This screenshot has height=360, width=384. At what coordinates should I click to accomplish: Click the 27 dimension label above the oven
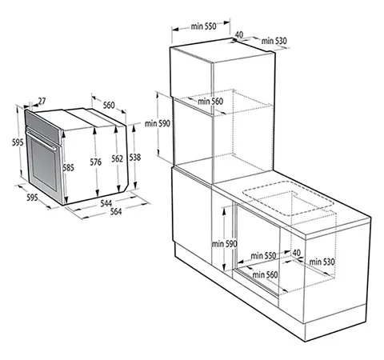[42, 102]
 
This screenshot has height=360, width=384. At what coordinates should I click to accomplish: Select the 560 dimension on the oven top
[109, 105]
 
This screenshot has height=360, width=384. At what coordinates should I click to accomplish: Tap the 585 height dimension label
[68, 168]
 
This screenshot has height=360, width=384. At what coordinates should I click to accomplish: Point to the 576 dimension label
[96, 162]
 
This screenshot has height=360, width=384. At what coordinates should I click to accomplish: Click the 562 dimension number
[118, 158]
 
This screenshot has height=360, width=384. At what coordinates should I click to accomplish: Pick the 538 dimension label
[135, 158]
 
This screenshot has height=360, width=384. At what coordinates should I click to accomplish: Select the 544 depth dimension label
[106, 203]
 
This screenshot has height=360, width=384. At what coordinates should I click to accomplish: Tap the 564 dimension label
[116, 211]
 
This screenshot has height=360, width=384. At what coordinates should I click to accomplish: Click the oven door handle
[41, 138]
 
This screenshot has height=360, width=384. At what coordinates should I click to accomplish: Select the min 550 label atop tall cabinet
[203, 26]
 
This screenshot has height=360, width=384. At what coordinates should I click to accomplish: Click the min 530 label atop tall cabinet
[274, 41]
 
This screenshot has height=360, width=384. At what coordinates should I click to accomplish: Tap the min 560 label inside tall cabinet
[210, 102]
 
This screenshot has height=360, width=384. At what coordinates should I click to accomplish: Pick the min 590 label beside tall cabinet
[158, 124]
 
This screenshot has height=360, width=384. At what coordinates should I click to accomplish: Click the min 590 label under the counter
[224, 244]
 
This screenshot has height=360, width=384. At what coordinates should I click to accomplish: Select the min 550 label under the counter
[263, 256]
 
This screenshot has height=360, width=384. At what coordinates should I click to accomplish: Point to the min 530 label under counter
[322, 262]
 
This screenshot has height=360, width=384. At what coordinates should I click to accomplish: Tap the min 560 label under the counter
[265, 274]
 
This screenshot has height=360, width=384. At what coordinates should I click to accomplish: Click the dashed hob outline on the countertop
[289, 198]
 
